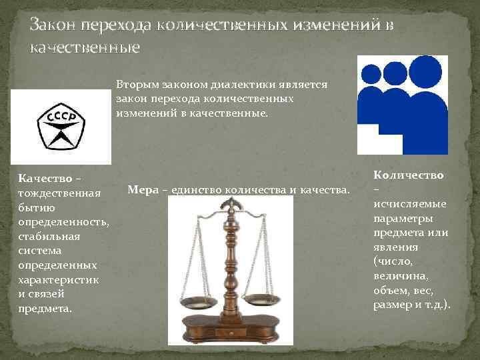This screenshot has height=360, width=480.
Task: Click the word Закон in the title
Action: [52, 26]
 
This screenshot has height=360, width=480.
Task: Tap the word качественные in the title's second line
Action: [85, 47]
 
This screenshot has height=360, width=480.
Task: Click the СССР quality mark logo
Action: [61, 126]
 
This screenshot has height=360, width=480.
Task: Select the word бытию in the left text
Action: [36, 207]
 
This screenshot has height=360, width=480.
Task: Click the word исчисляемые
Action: [410, 203]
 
